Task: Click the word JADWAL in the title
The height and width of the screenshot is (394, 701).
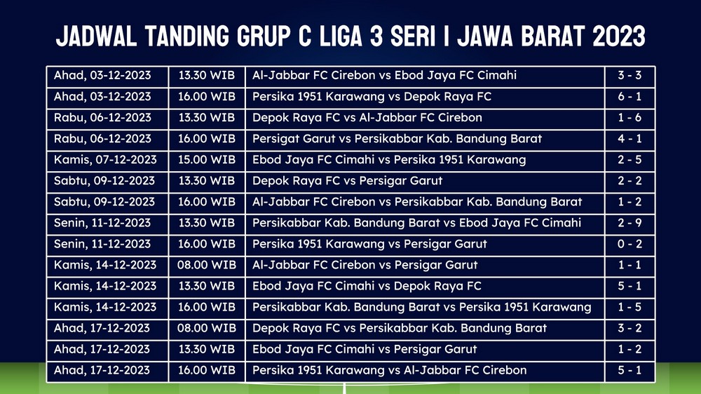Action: (x=96, y=36)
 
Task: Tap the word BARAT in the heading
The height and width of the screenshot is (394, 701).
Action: (x=553, y=36)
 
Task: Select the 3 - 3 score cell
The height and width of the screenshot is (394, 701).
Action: (x=629, y=75)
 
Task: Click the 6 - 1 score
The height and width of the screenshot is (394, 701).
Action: (x=629, y=97)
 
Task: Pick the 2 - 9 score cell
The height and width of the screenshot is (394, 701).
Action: (x=629, y=223)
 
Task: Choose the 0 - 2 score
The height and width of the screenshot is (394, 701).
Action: (x=629, y=244)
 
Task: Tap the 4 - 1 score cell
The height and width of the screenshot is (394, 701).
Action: (x=629, y=139)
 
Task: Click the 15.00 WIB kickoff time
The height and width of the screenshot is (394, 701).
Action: (x=207, y=160)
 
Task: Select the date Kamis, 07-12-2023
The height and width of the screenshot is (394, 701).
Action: (x=105, y=160)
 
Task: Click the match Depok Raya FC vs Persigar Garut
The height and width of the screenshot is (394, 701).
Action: (x=347, y=181)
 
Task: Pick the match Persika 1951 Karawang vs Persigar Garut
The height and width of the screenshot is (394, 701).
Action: (x=369, y=244)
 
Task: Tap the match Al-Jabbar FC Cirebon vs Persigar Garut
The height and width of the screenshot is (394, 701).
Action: (x=365, y=265)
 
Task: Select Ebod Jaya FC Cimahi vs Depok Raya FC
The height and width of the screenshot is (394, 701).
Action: (x=367, y=286)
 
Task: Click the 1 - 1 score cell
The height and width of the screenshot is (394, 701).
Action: (x=629, y=265)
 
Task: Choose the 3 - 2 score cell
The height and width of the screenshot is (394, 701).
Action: (x=629, y=328)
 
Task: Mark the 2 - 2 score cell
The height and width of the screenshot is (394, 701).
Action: (x=629, y=181)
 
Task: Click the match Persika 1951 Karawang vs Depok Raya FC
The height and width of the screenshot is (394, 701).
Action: (x=372, y=97)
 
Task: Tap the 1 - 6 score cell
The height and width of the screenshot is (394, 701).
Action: (x=629, y=118)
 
